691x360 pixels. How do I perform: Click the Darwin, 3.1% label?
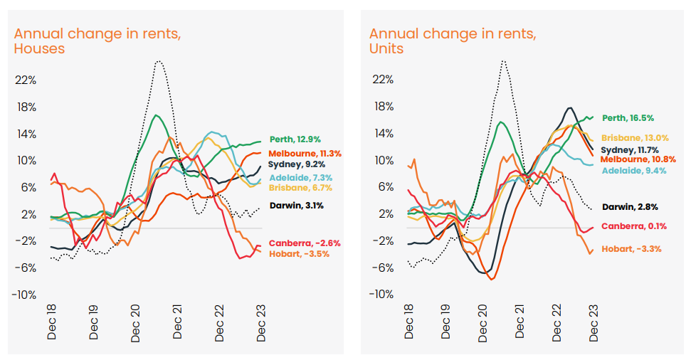point(297,206)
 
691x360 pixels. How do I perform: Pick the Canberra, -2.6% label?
point(305,243)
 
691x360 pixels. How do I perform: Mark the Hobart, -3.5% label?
point(299,253)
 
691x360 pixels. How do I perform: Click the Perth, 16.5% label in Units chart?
point(628,118)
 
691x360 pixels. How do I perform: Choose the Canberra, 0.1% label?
point(633,226)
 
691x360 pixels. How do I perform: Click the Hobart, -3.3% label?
point(632,248)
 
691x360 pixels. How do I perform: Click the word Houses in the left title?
point(39,48)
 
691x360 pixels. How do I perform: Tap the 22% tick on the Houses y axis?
point(25,80)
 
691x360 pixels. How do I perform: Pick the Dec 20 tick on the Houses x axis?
point(135,323)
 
